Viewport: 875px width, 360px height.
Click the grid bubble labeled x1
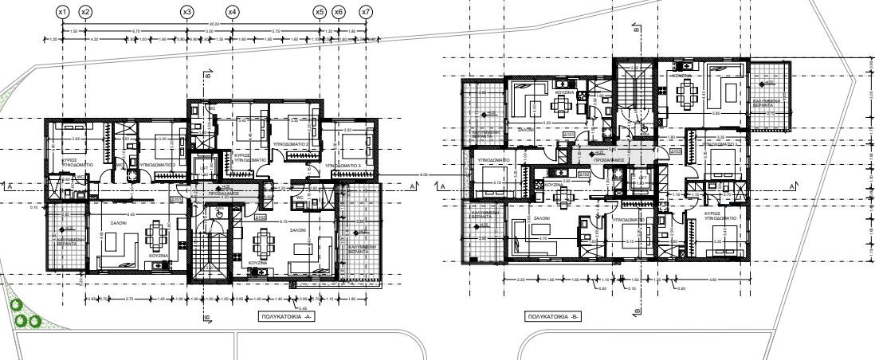tap(64, 12)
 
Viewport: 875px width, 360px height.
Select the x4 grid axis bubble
tap(232, 12)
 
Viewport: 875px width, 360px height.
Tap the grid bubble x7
tap(366, 12)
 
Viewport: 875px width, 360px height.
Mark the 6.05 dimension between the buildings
tap(423, 174)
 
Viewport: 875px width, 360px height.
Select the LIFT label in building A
tap(206, 162)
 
